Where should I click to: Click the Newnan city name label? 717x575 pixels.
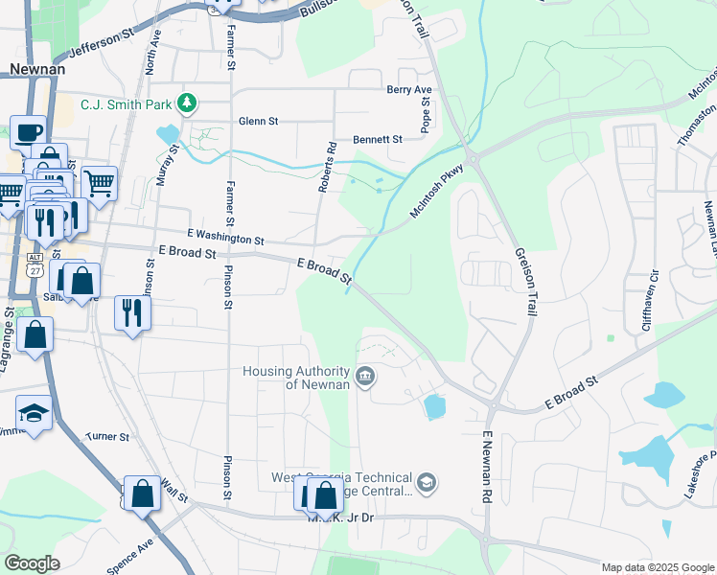36,68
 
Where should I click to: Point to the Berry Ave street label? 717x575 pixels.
409,89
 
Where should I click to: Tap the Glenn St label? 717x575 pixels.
258,122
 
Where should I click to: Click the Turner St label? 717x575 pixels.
107,436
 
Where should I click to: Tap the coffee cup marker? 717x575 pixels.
28,131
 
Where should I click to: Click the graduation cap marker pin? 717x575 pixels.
34,414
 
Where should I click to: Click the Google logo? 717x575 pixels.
32,563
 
